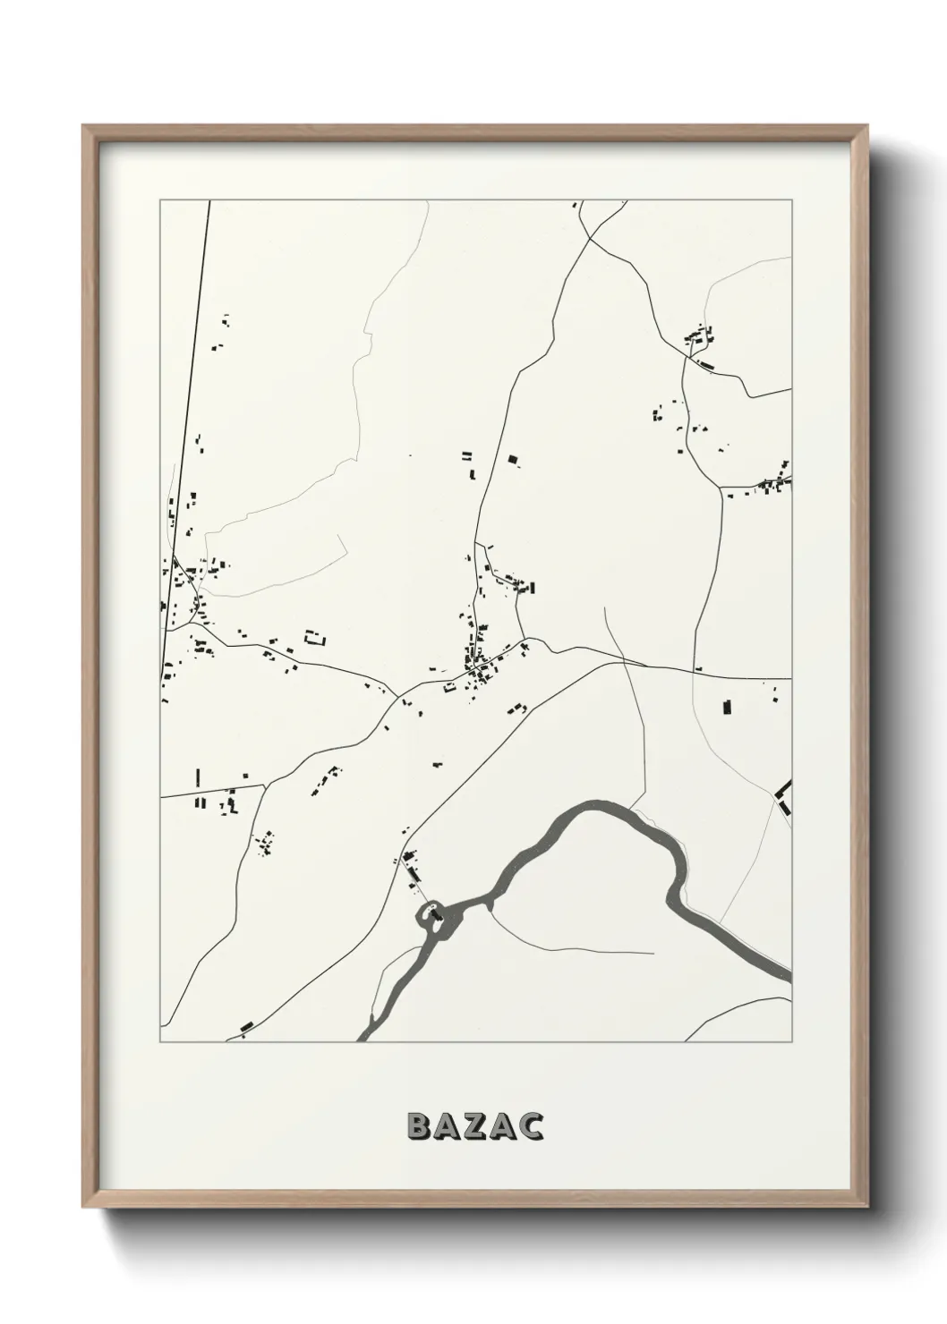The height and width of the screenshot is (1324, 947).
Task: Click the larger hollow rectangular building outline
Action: click(315, 638)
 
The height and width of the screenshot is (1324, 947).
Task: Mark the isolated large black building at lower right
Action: click(728, 708)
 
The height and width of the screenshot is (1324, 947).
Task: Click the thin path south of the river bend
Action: click(573, 948)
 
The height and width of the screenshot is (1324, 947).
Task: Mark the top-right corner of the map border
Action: click(791, 200)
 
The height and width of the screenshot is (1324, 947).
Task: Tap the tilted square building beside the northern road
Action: click(513, 460)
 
